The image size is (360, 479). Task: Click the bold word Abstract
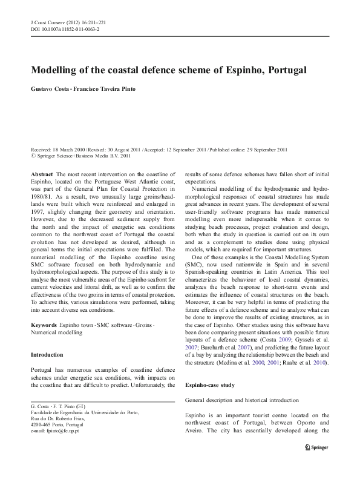tap(41, 173)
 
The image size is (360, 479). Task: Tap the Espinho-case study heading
tap(213, 383)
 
